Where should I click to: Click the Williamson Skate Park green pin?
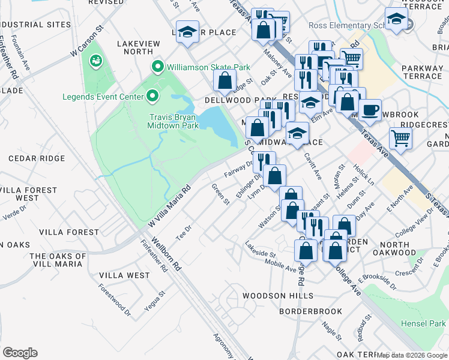[158, 67]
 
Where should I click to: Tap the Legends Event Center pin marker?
[152, 96]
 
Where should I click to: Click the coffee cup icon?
[370, 110]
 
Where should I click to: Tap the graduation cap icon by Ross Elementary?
[396, 19]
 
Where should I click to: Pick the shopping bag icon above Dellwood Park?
[224, 80]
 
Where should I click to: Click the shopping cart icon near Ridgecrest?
[400, 139]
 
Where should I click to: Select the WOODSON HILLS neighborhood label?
[277, 296]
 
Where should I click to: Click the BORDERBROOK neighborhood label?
[310, 311]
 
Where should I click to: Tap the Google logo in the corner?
[20, 352]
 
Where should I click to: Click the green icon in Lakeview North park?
[95, 61]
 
